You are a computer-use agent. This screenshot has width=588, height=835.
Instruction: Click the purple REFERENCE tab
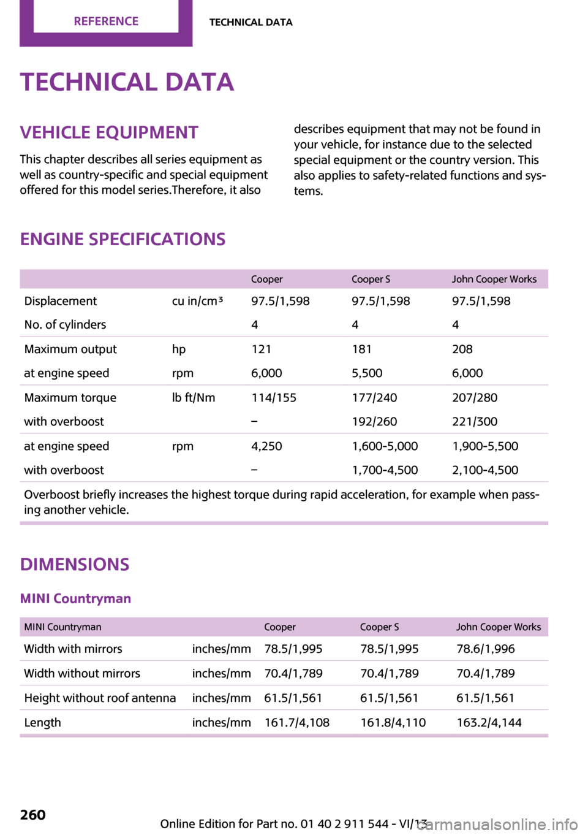tap(106, 21)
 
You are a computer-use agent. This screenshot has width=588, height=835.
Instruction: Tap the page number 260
tap(33, 814)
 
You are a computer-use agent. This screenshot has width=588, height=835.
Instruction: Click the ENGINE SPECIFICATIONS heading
tap(123, 239)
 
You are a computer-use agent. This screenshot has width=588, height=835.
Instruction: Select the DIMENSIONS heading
tap(75, 564)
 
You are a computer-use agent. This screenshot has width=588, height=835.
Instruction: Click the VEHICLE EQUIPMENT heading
tap(109, 132)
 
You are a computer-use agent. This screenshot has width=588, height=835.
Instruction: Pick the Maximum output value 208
tap(462, 349)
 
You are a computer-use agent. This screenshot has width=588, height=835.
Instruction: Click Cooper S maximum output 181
tap(361, 349)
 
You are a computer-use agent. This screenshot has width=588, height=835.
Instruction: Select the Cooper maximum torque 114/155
tap(274, 397)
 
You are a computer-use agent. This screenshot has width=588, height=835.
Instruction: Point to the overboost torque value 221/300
tap(475, 421)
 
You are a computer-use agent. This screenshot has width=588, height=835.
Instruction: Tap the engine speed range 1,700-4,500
tap(385, 470)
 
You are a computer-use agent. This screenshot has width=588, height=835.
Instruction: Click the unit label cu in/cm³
tap(197, 301)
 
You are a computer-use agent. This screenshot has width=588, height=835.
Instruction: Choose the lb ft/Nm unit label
tap(194, 397)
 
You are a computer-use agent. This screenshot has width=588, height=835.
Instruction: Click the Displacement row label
tap(61, 301)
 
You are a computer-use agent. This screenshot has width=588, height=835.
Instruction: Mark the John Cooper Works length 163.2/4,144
tap(489, 722)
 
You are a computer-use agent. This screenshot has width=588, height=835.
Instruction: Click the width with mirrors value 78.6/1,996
tap(486, 649)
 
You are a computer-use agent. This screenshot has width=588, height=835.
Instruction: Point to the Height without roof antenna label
tap(100, 698)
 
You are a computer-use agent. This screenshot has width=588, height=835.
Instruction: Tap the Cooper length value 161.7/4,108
tap(297, 722)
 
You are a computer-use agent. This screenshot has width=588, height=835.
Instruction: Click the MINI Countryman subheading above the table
tap(75, 598)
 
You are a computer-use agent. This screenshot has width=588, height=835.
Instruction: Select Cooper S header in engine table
tap(371, 279)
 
